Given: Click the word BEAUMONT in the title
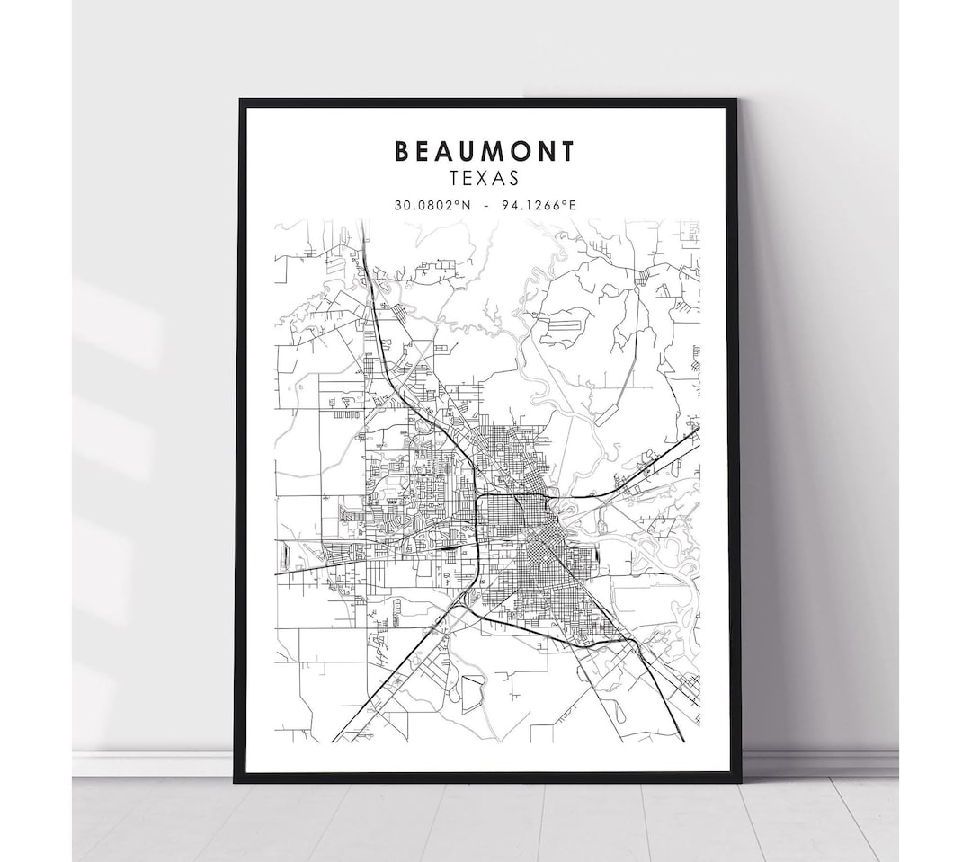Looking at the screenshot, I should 484,151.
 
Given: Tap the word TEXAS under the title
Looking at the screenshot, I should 484,181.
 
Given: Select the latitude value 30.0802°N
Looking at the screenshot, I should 432,205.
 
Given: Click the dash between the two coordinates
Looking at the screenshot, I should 485,205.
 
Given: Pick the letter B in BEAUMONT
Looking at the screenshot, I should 402,151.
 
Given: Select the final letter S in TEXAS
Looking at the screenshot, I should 513,181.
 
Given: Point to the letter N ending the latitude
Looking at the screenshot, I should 467,205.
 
